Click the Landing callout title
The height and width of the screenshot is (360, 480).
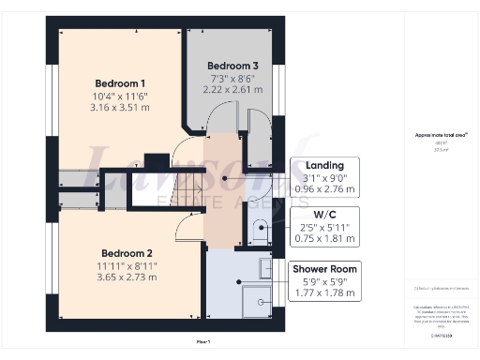324,165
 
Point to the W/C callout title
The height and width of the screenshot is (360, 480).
324,217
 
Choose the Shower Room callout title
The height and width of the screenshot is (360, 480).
324,269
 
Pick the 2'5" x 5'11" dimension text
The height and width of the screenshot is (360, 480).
324,229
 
